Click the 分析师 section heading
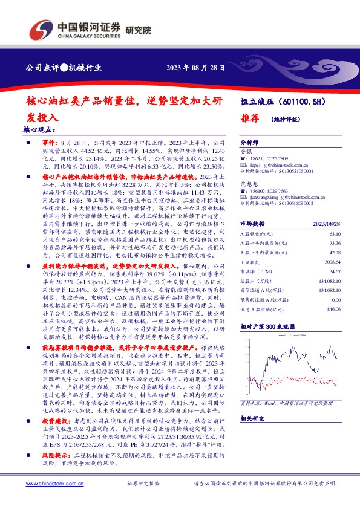[249, 139]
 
